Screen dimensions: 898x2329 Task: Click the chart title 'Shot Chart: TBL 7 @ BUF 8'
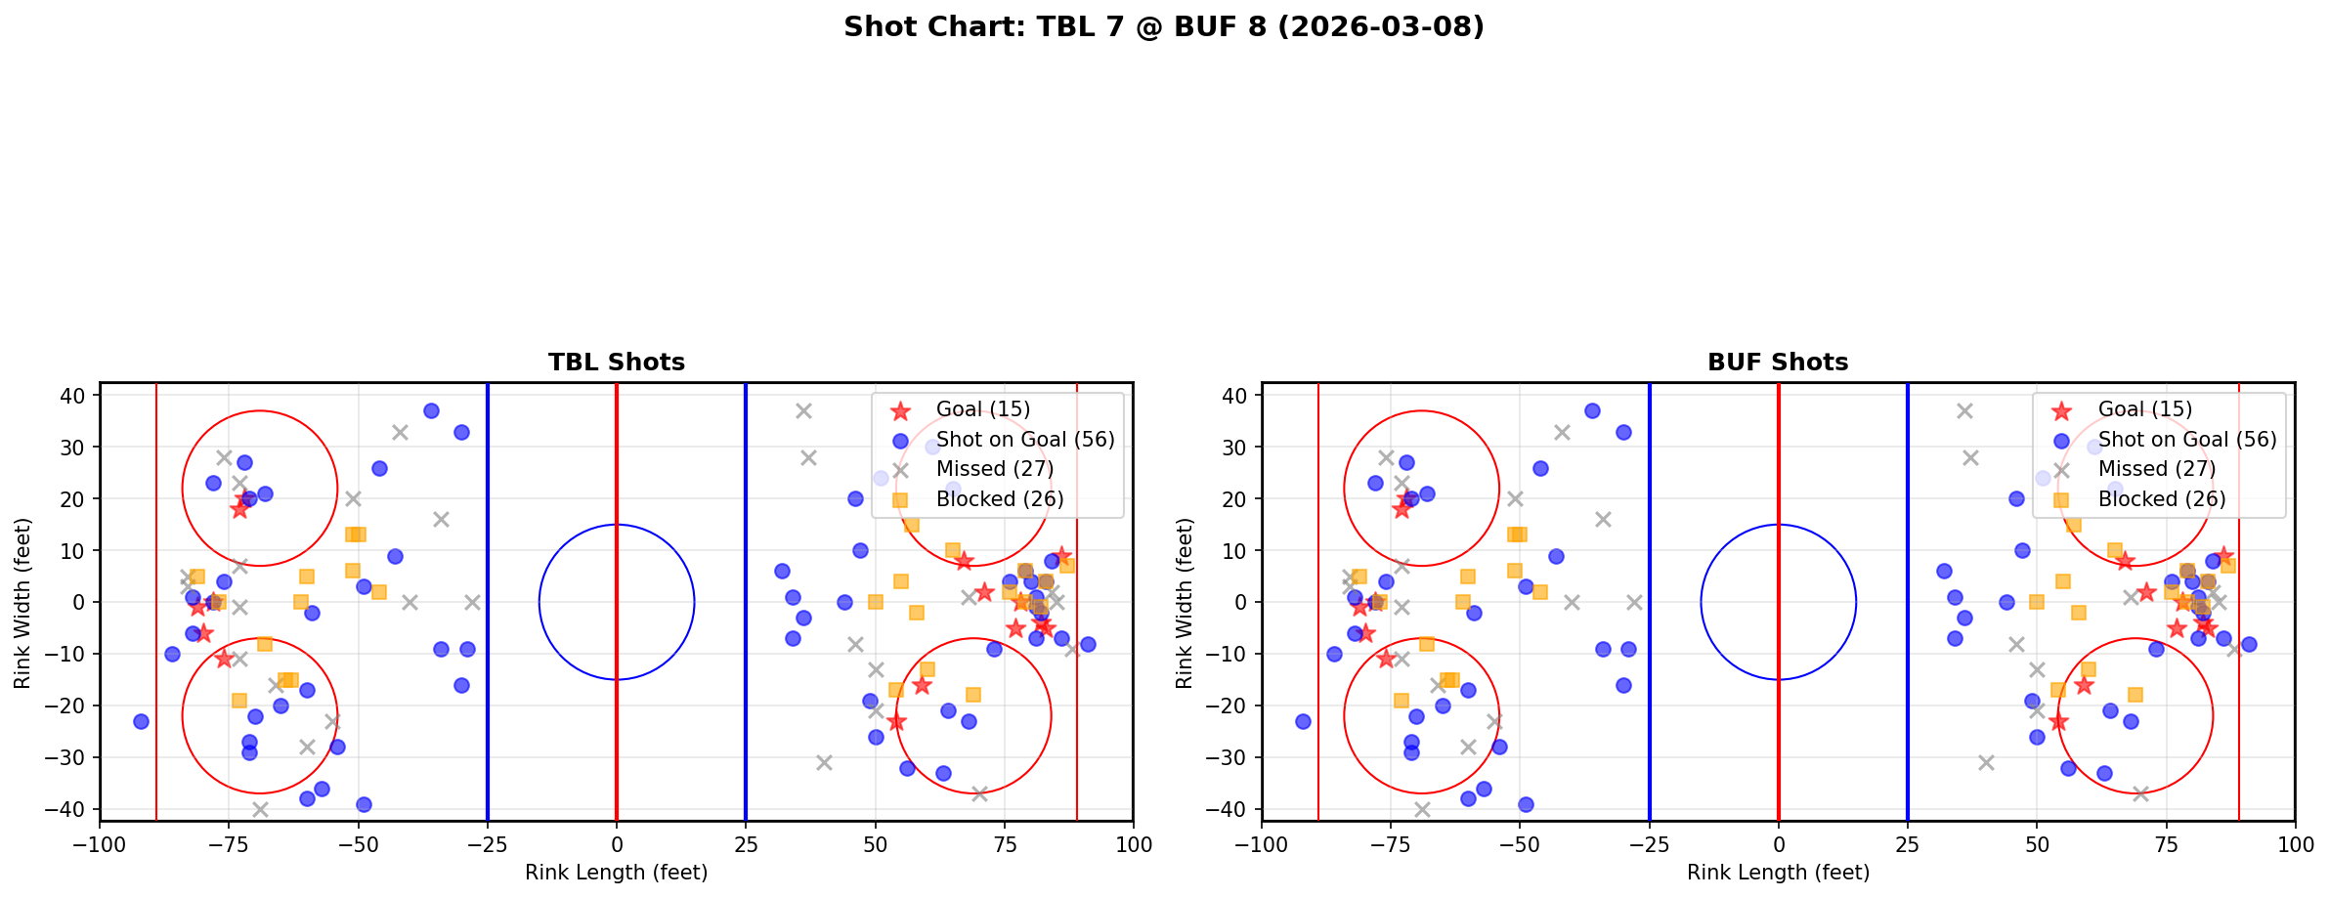[1163, 27]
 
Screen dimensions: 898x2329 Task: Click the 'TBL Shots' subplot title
[616, 363]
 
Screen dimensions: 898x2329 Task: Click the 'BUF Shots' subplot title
[1777, 363]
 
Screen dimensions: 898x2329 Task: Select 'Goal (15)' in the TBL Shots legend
[982, 409]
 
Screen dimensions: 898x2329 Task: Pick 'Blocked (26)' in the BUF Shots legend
[2161, 499]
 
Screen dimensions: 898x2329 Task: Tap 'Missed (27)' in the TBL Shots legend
[994, 469]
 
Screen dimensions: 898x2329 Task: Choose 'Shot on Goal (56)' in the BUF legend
[2186, 440]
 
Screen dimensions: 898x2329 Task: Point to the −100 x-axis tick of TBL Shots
[100, 844]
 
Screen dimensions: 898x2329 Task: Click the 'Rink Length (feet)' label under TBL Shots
[616, 873]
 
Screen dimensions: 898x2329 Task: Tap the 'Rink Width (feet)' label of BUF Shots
[1185, 602]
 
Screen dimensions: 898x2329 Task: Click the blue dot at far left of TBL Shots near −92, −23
[141, 721]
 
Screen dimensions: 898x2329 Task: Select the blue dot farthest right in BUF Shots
[2248, 644]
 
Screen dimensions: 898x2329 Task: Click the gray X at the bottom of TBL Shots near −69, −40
[260, 809]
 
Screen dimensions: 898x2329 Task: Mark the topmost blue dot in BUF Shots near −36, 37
[1592, 410]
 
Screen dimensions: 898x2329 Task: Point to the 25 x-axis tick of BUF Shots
[1907, 844]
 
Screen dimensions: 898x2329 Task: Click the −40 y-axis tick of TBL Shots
[70, 809]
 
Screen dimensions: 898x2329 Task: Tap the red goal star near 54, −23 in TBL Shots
[895, 721]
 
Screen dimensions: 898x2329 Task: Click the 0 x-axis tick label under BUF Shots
[1778, 844]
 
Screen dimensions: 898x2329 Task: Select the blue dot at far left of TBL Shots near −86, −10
[172, 654]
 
